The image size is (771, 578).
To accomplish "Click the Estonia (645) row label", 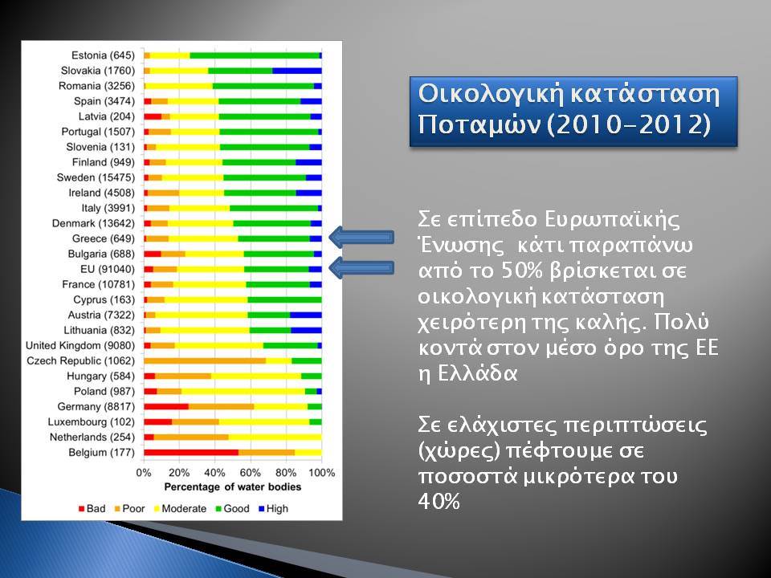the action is click(103, 55).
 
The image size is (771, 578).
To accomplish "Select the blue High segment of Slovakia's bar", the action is click(297, 71).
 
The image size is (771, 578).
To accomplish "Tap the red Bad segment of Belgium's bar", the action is click(191, 453).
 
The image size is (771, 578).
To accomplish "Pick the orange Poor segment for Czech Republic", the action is click(205, 360).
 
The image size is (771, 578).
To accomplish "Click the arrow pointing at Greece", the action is click(361, 238).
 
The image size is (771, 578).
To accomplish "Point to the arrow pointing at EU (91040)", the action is click(361, 268).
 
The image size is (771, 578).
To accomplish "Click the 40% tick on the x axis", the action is click(214, 473).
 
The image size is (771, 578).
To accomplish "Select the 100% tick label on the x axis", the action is click(321, 473).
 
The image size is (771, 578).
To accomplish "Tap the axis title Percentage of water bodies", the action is click(233, 487).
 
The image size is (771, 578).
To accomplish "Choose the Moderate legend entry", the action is click(180, 509).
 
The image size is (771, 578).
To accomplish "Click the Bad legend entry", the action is click(92, 509).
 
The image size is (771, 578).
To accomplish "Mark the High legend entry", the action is click(273, 509).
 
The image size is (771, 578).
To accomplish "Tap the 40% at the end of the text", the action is click(439, 502).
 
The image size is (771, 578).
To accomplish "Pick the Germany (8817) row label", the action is click(96, 407).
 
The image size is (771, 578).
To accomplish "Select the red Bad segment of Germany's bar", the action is click(167, 407).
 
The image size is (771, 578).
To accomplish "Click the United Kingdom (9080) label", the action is click(80, 346).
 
